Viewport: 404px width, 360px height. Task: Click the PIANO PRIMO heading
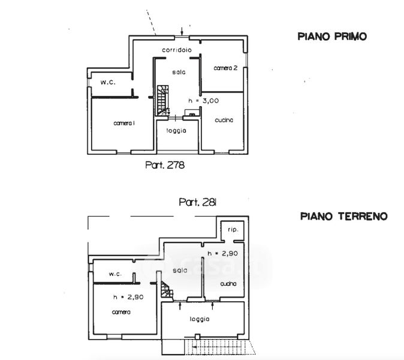coord(332,37)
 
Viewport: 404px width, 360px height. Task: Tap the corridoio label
coord(176,50)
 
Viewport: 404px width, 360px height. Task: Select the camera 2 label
coord(226,69)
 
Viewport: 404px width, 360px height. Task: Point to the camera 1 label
coord(125,123)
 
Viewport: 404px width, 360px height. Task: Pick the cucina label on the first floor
coord(224,120)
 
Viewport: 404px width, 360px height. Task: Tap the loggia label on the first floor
coord(177,131)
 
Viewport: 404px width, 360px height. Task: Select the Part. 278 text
coord(164,164)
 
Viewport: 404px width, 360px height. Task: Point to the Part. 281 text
coord(198,202)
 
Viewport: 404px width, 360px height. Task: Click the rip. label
coord(233,230)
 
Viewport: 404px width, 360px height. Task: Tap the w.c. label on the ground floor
coord(115,274)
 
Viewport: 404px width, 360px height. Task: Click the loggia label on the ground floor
coord(200,319)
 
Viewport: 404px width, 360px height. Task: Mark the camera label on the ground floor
coord(121,312)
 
